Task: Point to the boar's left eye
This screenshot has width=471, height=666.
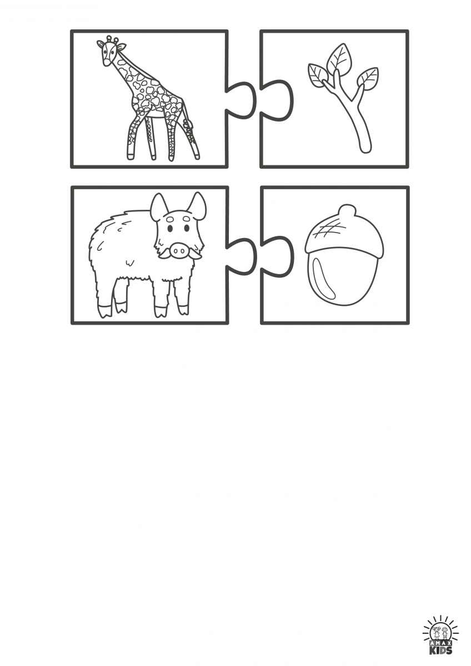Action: (170, 228)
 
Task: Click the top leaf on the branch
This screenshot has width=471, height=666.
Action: (339, 59)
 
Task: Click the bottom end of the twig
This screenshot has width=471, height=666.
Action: (366, 149)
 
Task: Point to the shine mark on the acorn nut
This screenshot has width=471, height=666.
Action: (324, 276)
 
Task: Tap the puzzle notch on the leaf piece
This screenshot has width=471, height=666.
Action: (277, 100)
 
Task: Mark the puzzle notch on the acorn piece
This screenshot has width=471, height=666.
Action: (277, 256)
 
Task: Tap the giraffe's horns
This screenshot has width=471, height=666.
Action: (112, 39)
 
